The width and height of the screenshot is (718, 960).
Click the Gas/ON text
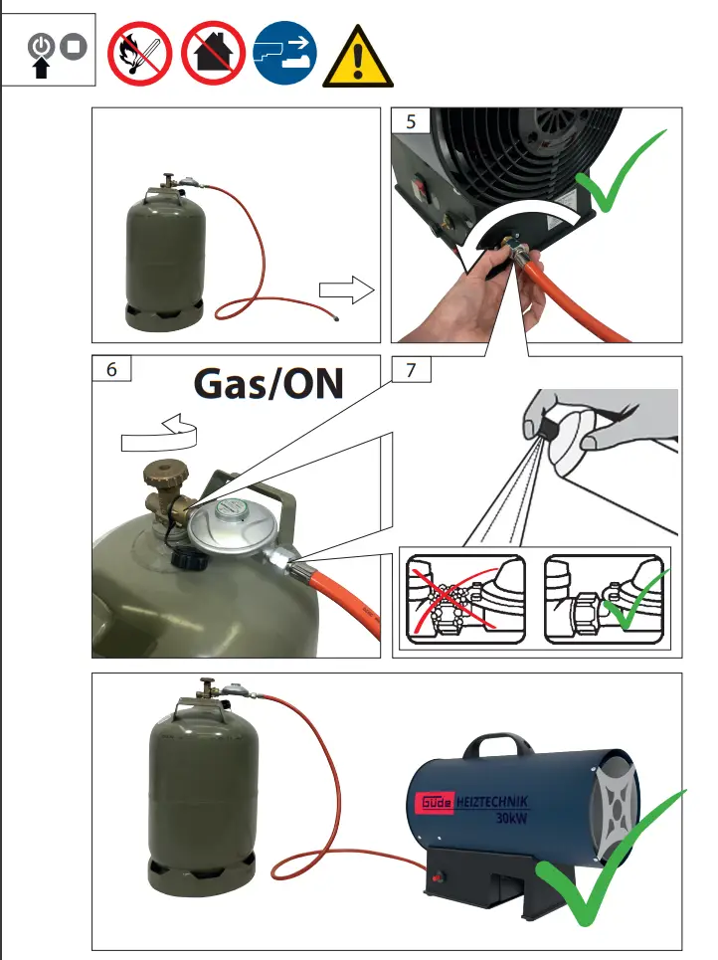coord(268,383)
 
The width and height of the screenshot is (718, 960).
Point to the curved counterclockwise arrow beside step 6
coord(159,431)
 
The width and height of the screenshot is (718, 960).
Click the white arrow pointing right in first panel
coord(344,290)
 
